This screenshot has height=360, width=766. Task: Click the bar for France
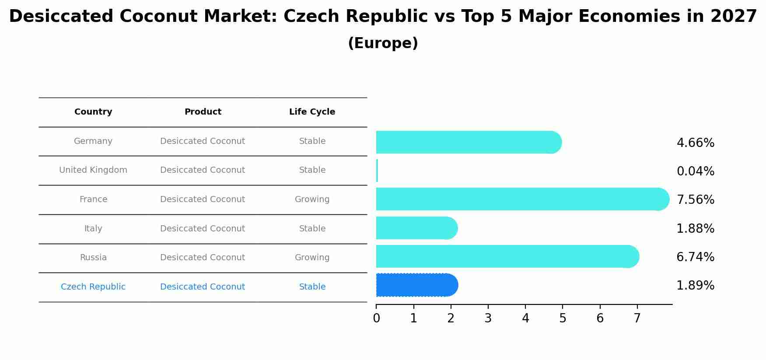(x=521, y=199)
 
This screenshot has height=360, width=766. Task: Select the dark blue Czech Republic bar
(x=416, y=285)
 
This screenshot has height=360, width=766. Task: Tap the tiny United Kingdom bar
(x=377, y=171)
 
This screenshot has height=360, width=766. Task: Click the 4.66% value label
(x=695, y=143)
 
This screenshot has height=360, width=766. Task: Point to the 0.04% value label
(x=695, y=171)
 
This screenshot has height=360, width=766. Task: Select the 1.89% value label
(x=695, y=286)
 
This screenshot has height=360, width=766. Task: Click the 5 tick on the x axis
(x=563, y=318)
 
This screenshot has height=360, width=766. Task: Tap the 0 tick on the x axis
(x=376, y=318)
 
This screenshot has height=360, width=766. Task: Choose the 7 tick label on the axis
(x=637, y=318)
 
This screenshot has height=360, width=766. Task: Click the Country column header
(x=93, y=112)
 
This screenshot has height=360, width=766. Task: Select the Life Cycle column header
(x=312, y=112)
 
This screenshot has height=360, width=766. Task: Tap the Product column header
(x=203, y=112)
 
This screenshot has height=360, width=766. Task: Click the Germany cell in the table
(x=93, y=141)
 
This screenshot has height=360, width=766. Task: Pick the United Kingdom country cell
(x=93, y=170)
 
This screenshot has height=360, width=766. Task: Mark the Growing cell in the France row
(x=312, y=199)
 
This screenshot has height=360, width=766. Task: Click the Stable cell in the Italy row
(x=312, y=229)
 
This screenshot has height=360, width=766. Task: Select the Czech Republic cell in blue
(x=93, y=287)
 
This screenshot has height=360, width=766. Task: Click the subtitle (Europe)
(x=383, y=43)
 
